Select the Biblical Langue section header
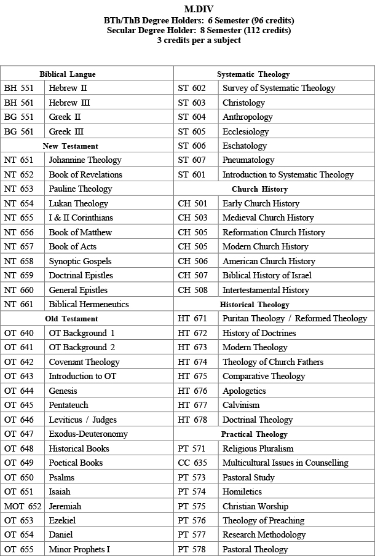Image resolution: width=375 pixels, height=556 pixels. pos(68,74)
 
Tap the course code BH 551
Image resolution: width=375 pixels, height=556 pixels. pos(19,88)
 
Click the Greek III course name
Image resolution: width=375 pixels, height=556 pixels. pos(66,131)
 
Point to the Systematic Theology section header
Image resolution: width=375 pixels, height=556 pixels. pos(253,74)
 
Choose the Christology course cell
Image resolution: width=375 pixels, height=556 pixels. pos(243,103)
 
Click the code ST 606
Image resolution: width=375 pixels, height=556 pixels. pos(192,146)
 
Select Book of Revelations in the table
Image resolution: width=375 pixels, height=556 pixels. pos(85,174)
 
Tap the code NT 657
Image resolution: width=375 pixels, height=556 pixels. pos(19,247)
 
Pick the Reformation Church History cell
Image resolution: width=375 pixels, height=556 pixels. pos(274,232)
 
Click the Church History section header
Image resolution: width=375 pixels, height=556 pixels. pos(259,189)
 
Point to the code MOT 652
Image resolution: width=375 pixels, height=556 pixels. pos(23,506)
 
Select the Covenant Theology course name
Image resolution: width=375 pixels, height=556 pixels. pos(84,362)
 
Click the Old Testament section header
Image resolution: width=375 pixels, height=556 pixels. pos(71,319)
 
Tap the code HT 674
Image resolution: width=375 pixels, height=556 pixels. pos(192,362)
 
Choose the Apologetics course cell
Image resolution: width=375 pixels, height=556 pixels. pos(244,391)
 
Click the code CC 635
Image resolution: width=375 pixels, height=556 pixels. pos(192,463)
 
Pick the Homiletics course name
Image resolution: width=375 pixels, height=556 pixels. pos(243,491)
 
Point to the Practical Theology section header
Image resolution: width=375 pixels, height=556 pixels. pos(255,434)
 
